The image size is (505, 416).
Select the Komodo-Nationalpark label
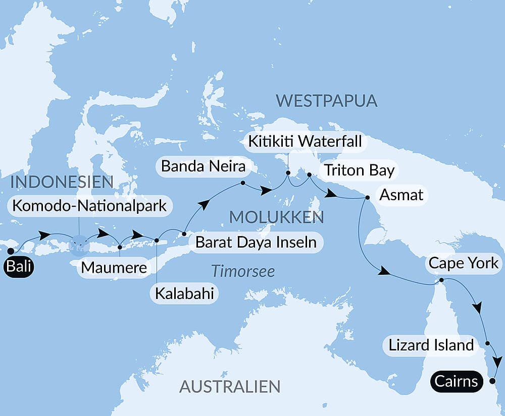(89, 206)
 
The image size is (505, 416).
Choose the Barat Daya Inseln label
(256, 242)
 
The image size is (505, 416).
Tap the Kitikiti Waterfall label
(305, 141)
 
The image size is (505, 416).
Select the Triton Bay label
(359, 170)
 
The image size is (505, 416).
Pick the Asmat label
(402, 194)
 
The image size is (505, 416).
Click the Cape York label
(463, 263)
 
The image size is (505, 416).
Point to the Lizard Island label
(431, 345)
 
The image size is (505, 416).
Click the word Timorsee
(243, 271)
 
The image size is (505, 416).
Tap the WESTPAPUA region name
(327, 100)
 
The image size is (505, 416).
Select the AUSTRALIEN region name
(230, 387)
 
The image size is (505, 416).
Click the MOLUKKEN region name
(276, 217)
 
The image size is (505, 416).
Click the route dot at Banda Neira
(243, 183)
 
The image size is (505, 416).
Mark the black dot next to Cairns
(492, 382)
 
